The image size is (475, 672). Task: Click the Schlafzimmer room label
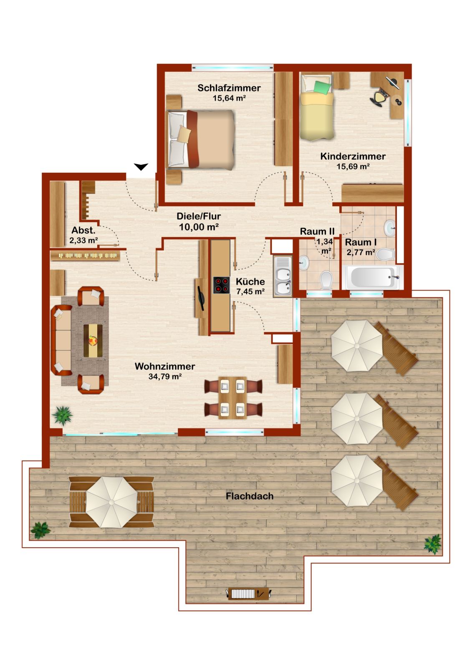pyautogui.click(x=229, y=88)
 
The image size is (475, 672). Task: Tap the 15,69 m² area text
pyautogui.click(x=353, y=167)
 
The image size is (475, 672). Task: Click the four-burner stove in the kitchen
pyautogui.click(x=222, y=285)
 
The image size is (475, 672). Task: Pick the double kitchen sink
pyautogui.click(x=282, y=276)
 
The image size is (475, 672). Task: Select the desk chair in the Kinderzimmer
pyautogui.click(x=379, y=97)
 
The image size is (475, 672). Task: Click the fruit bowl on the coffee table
pyautogui.click(x=93, y=341)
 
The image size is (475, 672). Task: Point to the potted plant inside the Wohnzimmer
pyautogui.click(x=63, y=415)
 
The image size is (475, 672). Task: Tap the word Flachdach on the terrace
pyautogui.click(x=250, y=496)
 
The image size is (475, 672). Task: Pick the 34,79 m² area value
pyautogui.click(x=165, y=376)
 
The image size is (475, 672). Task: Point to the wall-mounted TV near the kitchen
pyautogui.click(x=200, y=298)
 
